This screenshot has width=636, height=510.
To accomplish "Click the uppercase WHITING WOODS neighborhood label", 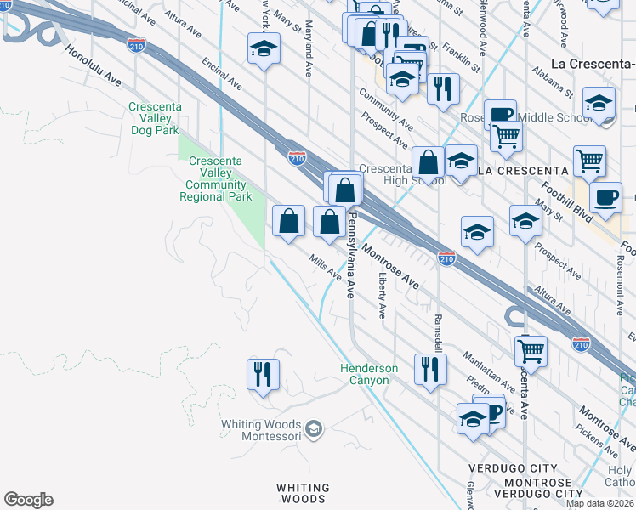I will click(x=303, y=494).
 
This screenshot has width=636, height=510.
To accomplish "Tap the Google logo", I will click(x=28, y=500).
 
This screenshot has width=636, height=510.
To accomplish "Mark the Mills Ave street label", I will click(x=326, y=269).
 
